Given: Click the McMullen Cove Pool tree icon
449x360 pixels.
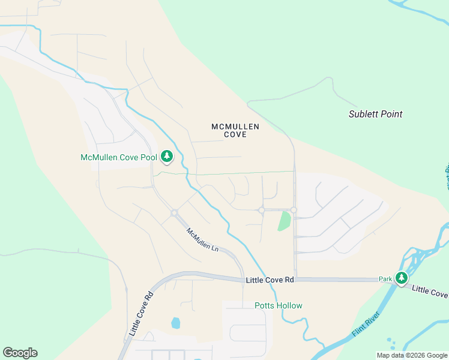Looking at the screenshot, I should pos(167,157).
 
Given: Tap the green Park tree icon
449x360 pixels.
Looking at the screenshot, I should pos(401,278).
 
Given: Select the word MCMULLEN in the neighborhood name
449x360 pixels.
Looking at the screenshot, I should pos(235,127).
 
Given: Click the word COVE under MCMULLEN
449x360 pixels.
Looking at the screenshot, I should pos(235,135).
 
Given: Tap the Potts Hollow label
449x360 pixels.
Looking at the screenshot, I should pos(279,305).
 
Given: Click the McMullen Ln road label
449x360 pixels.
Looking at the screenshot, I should pos(202,240).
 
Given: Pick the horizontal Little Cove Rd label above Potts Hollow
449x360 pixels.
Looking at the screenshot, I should pos(270,280).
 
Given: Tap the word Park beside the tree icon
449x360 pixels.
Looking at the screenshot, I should pos(385,279).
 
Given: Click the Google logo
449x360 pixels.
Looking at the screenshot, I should pos(20,353).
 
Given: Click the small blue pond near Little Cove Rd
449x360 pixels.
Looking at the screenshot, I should pos(175,323).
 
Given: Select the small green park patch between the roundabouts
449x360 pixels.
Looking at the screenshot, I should pos(284,221).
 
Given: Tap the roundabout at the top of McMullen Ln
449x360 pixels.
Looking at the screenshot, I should pos(174,213).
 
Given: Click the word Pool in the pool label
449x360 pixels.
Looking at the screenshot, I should pos(150,158).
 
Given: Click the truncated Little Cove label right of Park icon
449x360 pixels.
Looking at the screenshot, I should pos(430,291).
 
